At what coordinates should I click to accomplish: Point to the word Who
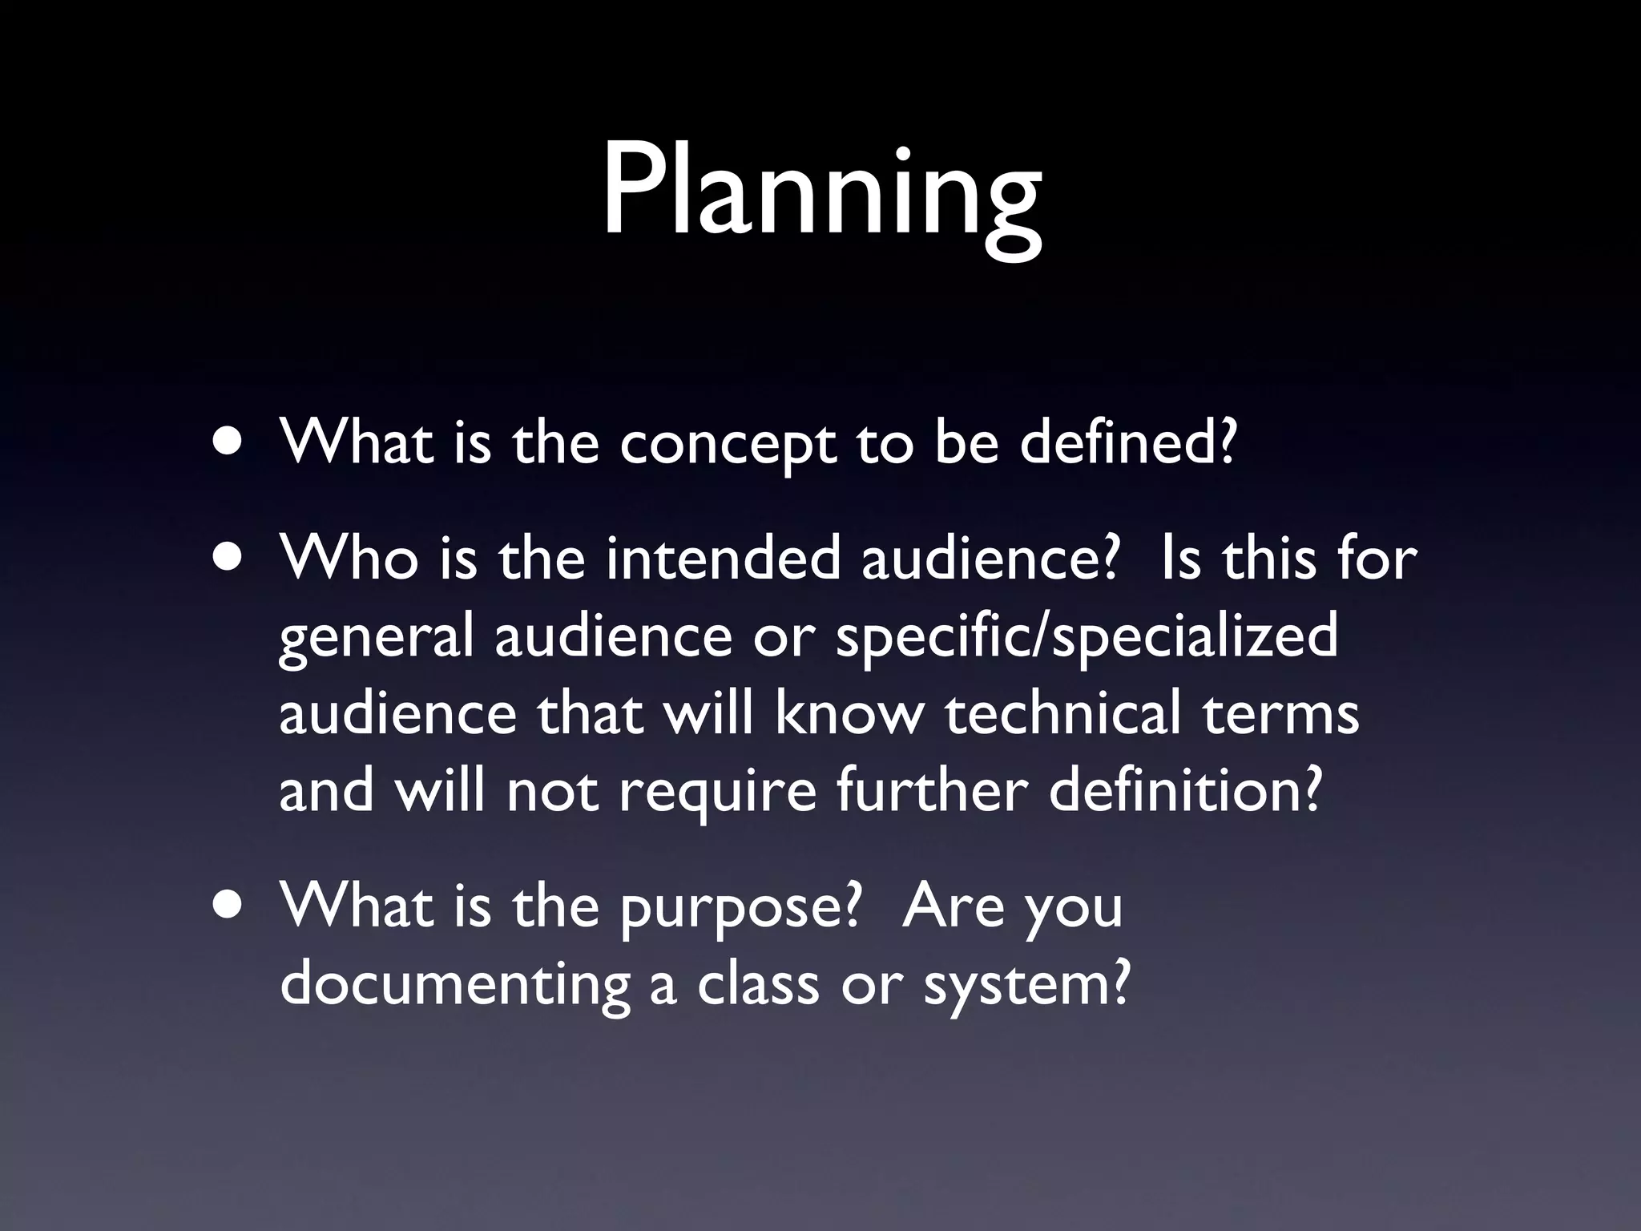[349, 558]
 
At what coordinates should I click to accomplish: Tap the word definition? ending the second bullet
[1184, 790]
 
